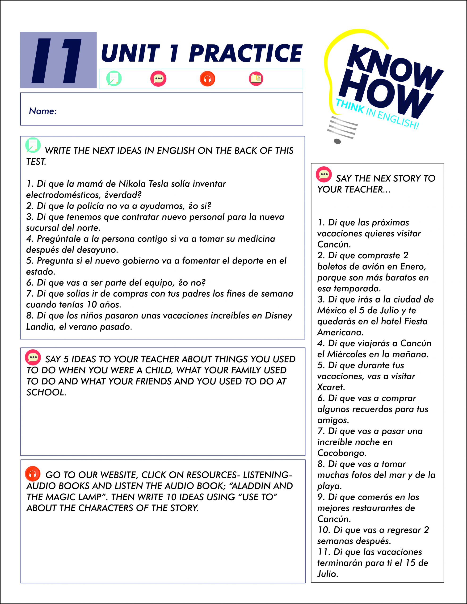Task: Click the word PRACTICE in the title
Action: pos(246,53)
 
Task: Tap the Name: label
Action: pos(43,111)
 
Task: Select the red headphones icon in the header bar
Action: pos(207,79)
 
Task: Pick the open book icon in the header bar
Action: pos(256,79)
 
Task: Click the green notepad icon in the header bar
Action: pos(114,79)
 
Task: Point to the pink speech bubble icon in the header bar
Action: pos(158,79)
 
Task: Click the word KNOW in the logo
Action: pos(393,65)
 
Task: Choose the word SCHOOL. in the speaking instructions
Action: pos(46,392)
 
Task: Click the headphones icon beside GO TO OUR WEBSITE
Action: pos(33,474)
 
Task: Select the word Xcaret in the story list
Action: pos(331,387)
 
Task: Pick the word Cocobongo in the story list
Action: pos(342,453)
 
